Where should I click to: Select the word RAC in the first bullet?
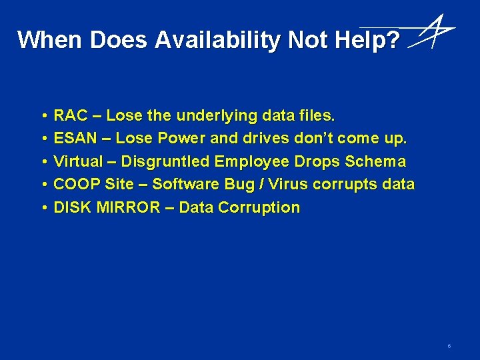(70, 116)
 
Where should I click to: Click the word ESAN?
(75, 139)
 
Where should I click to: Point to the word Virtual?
(78, 161)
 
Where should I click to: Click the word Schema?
(375, 161)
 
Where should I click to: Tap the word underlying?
(216, 116)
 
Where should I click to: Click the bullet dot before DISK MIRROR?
(42, 207)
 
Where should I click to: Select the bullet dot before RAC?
(42, 116)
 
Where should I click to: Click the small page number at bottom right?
(449, 346)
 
